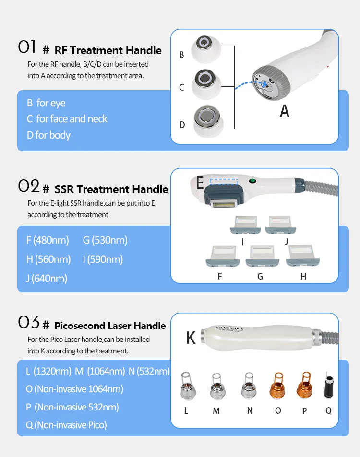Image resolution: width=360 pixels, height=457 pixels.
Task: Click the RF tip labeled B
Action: click(x=206, y=48)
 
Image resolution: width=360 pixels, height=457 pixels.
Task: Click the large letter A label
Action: click(x=285, y=111)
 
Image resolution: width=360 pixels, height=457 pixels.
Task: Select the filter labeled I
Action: click(x=244, y=224)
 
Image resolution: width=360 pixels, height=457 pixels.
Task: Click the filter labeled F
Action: click(x=220, y=256)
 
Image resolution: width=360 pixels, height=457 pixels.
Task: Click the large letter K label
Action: click(x=191, y=338)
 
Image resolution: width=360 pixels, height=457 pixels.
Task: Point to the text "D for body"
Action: click(x=48, y=135)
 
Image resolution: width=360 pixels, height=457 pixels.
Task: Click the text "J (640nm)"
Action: click(x=47, y=278)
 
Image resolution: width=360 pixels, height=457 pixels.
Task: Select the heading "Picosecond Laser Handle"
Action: click(x=110, y=326)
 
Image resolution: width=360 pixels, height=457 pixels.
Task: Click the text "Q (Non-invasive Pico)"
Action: click(x=66, y=424)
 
